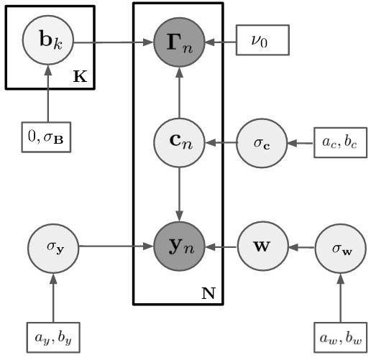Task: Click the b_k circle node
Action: [x=48, y=40]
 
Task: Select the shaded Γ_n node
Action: [x=179, y=42]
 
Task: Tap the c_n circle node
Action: [x=179, y=143]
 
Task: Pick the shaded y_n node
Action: [x=179, y=246]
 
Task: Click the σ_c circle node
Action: [x=262, y=143]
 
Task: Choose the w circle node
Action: [x=263, y=246]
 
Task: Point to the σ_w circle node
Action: [x=341, y=249]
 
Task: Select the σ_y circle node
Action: [x=53, y=249]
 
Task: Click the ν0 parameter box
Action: [x=262, y=40]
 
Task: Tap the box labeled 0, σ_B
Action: [x=46, y=137]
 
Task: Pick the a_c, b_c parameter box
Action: [x=341, y=142]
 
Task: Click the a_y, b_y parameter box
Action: [x=53, y=338]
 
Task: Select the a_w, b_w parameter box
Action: [x=341, y=338]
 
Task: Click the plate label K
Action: [x=80, y=77]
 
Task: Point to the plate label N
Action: [x=208, y=293]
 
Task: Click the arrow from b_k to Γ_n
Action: [x=114, y=42]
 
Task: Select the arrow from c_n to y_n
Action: [x=179, y=195]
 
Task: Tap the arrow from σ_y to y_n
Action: [x=116, y=246]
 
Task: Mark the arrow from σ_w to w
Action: [x=302, y=247]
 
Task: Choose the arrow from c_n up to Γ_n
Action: [x=179, y=93]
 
